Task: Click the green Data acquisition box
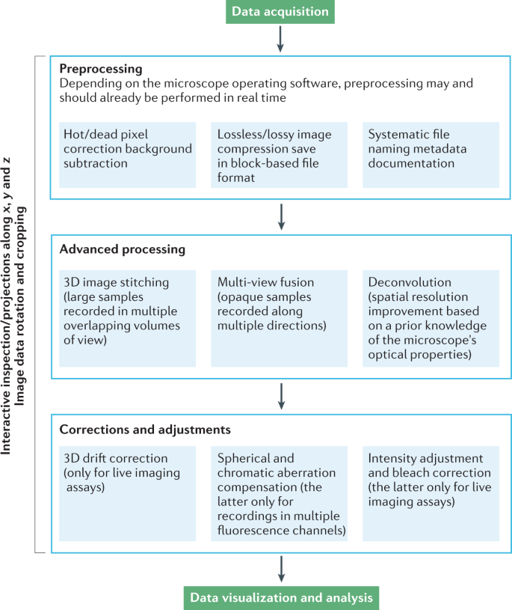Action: [279, 11]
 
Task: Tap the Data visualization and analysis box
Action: [279, 597]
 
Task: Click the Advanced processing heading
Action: [123, 248]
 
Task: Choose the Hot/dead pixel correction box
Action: [127, 155]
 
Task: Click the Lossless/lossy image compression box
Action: [279, 155]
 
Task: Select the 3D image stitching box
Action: [127, 317]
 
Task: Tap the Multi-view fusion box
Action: [279, 317]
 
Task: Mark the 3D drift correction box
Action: [127, 492]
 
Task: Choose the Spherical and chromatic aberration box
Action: [279, 492]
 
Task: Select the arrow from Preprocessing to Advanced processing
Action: [280, 216]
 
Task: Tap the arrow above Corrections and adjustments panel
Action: [280, 397]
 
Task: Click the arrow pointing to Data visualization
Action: [280, 569]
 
